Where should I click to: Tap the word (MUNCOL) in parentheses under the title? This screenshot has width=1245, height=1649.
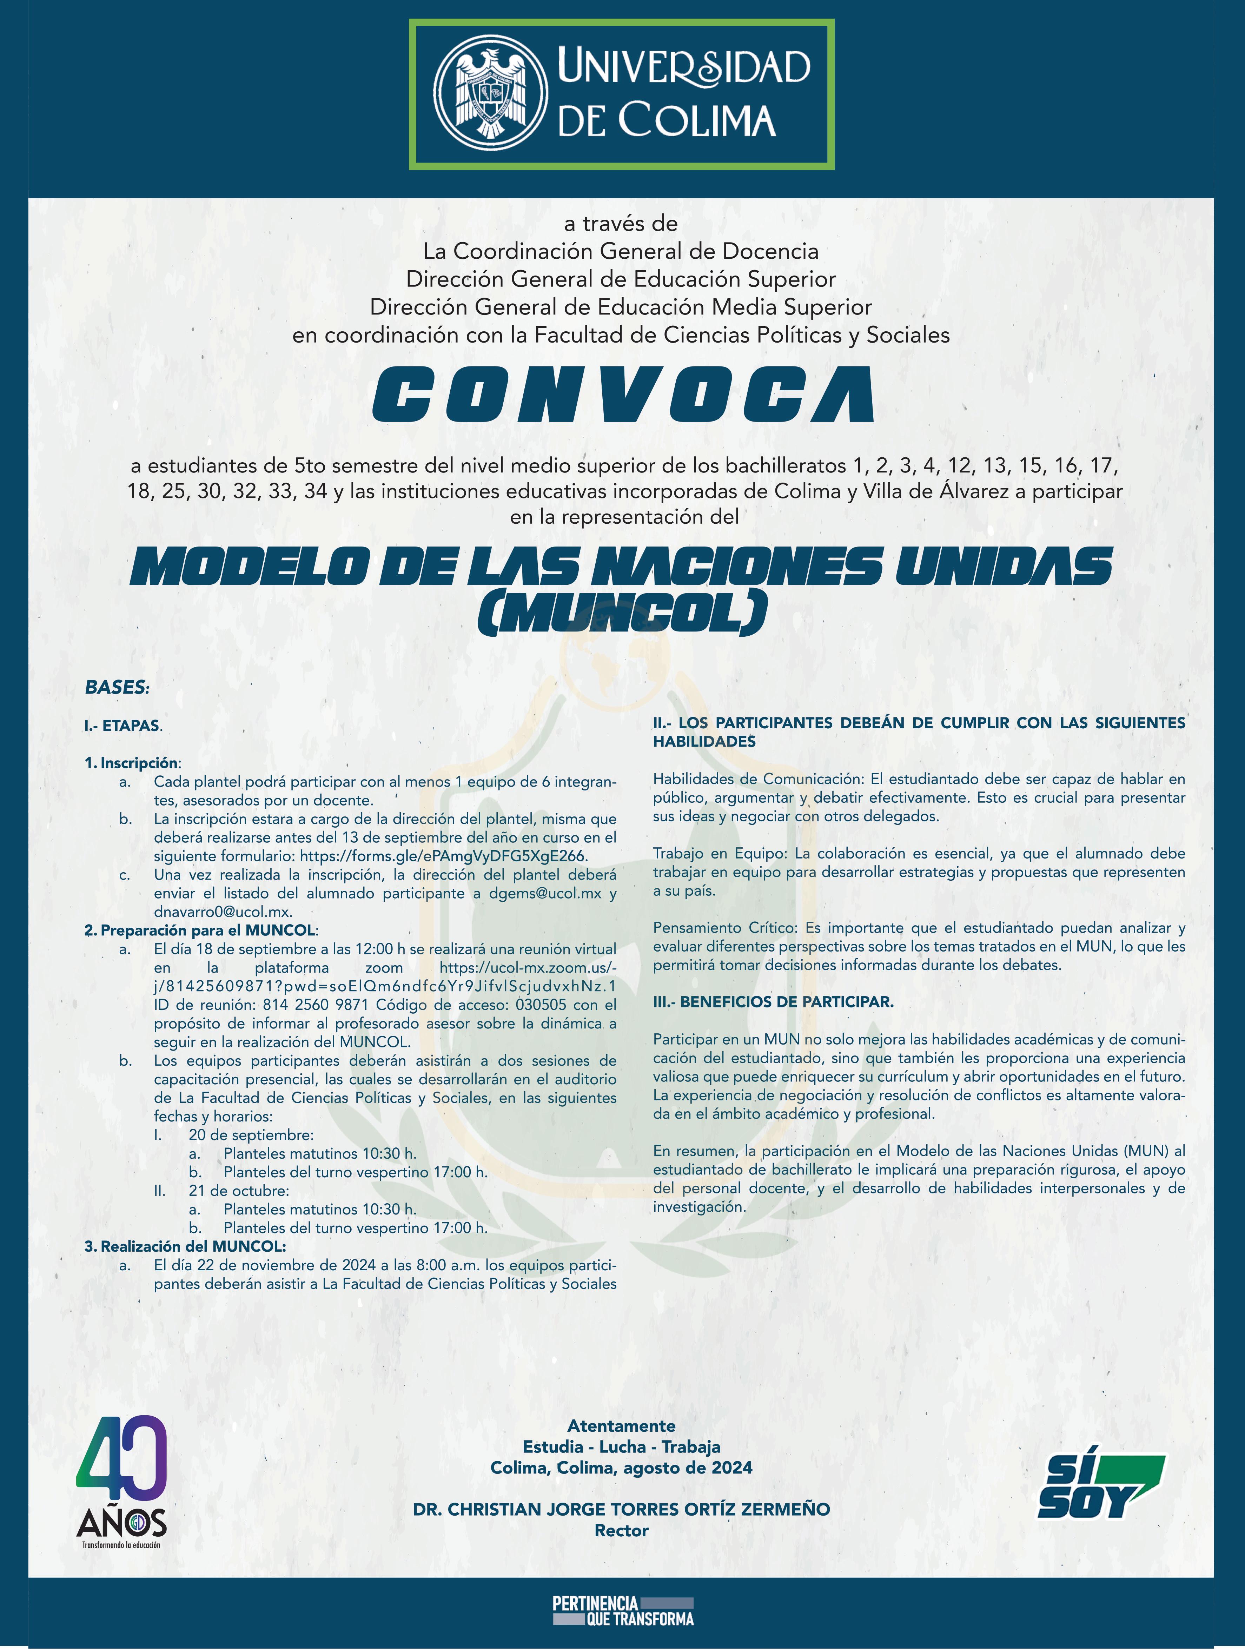(623, 613)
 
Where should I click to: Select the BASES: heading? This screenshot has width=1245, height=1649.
(117, 687)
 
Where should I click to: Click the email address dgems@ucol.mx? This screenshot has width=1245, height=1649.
(545, 893)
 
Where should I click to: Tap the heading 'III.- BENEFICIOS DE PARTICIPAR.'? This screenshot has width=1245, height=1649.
(773, 1002)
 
